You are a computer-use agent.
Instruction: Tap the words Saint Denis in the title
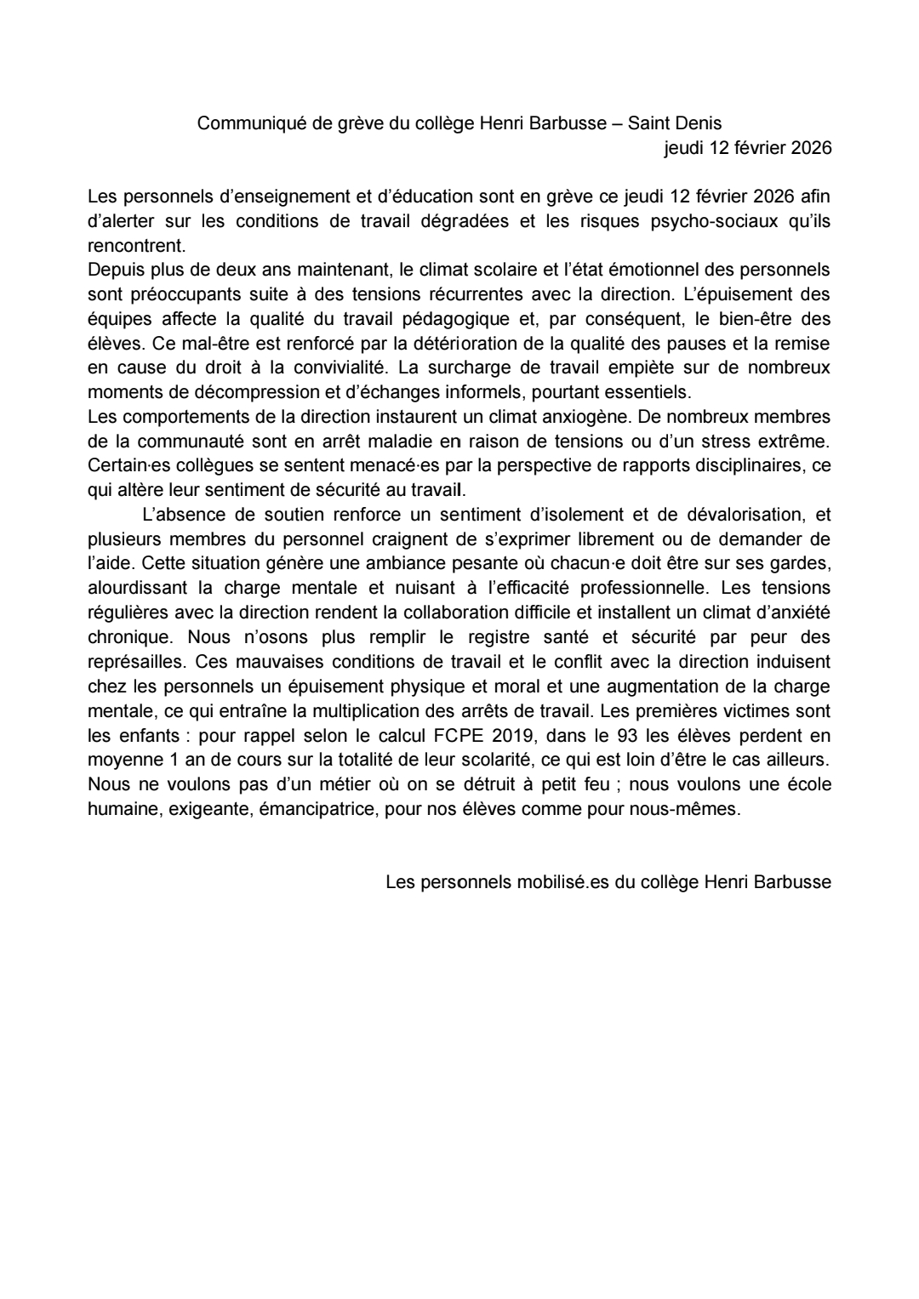(x=675, y=123)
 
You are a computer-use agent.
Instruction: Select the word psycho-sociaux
(x=709, y=221)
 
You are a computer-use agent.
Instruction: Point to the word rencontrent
(x=136, y=245)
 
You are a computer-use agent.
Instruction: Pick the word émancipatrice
(x=327, y=809)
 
